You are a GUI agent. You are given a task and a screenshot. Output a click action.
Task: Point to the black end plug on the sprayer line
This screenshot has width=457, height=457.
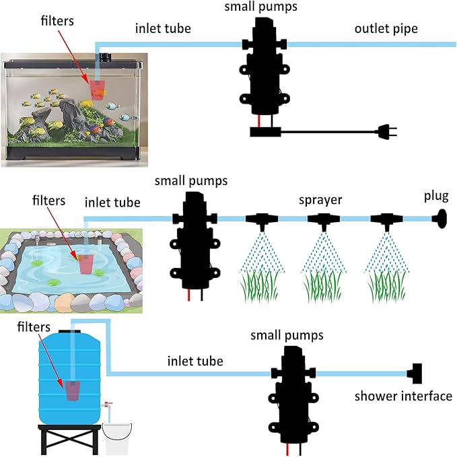[x=441, y=218]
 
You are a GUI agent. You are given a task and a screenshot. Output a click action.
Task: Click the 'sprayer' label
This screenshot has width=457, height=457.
[x=321, y=200]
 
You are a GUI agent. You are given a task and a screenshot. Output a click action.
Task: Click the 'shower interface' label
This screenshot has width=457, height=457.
[x=403, y=396]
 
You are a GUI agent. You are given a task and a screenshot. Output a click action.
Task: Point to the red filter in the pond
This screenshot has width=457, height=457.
[x=87, y=264]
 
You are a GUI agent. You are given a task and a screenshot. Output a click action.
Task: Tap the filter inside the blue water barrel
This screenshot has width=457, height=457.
[x=72, y=390]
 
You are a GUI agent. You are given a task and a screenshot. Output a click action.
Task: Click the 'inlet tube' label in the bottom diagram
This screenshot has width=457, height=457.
[x=195, y=361]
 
